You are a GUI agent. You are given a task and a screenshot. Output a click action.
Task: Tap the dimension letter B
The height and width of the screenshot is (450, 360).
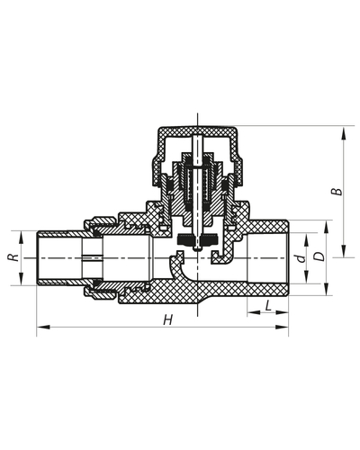[335, 191]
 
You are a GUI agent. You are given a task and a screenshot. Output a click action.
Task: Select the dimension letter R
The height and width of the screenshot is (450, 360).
[13, 257]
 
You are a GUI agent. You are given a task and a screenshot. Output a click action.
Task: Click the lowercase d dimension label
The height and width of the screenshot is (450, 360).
[298, 256]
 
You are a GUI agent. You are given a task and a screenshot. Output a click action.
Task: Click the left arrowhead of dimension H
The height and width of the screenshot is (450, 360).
[40, 328]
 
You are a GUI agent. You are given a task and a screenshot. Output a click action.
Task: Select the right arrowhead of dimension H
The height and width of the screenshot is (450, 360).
[287, 328]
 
